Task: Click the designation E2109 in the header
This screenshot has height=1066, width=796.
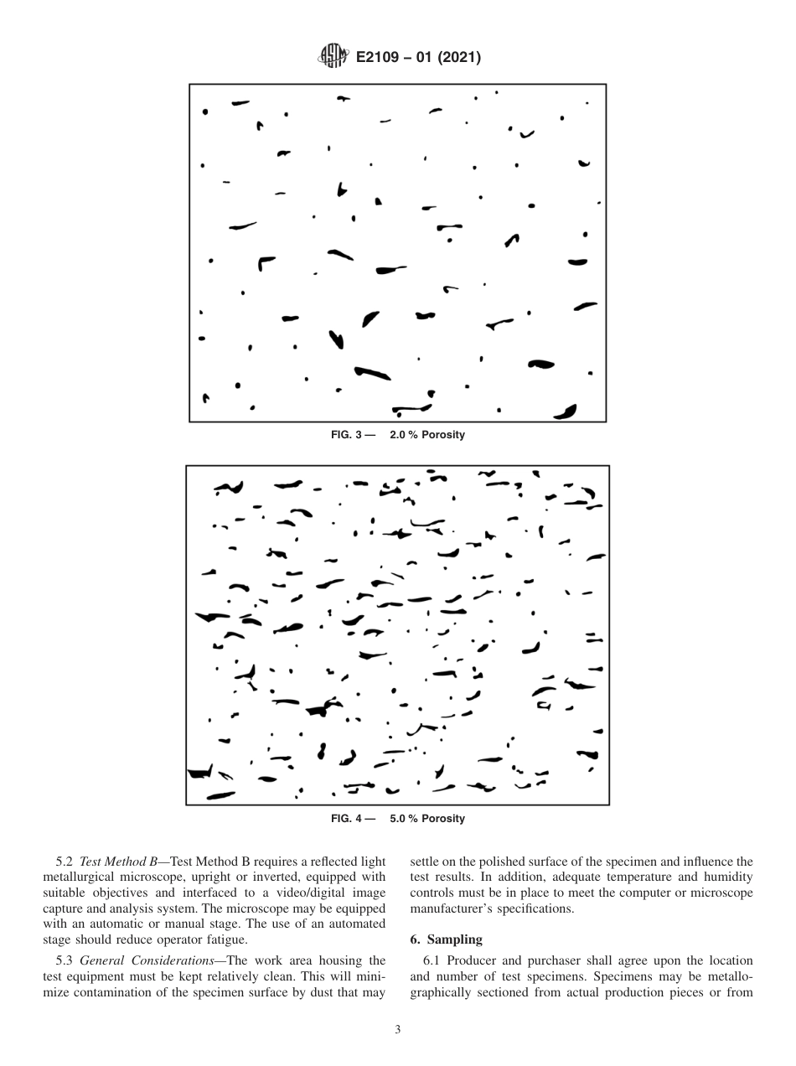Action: (380, 58)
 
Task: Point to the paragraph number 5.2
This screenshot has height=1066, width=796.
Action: (65, 860)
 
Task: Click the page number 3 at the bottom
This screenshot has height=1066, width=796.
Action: (397, 1030)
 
